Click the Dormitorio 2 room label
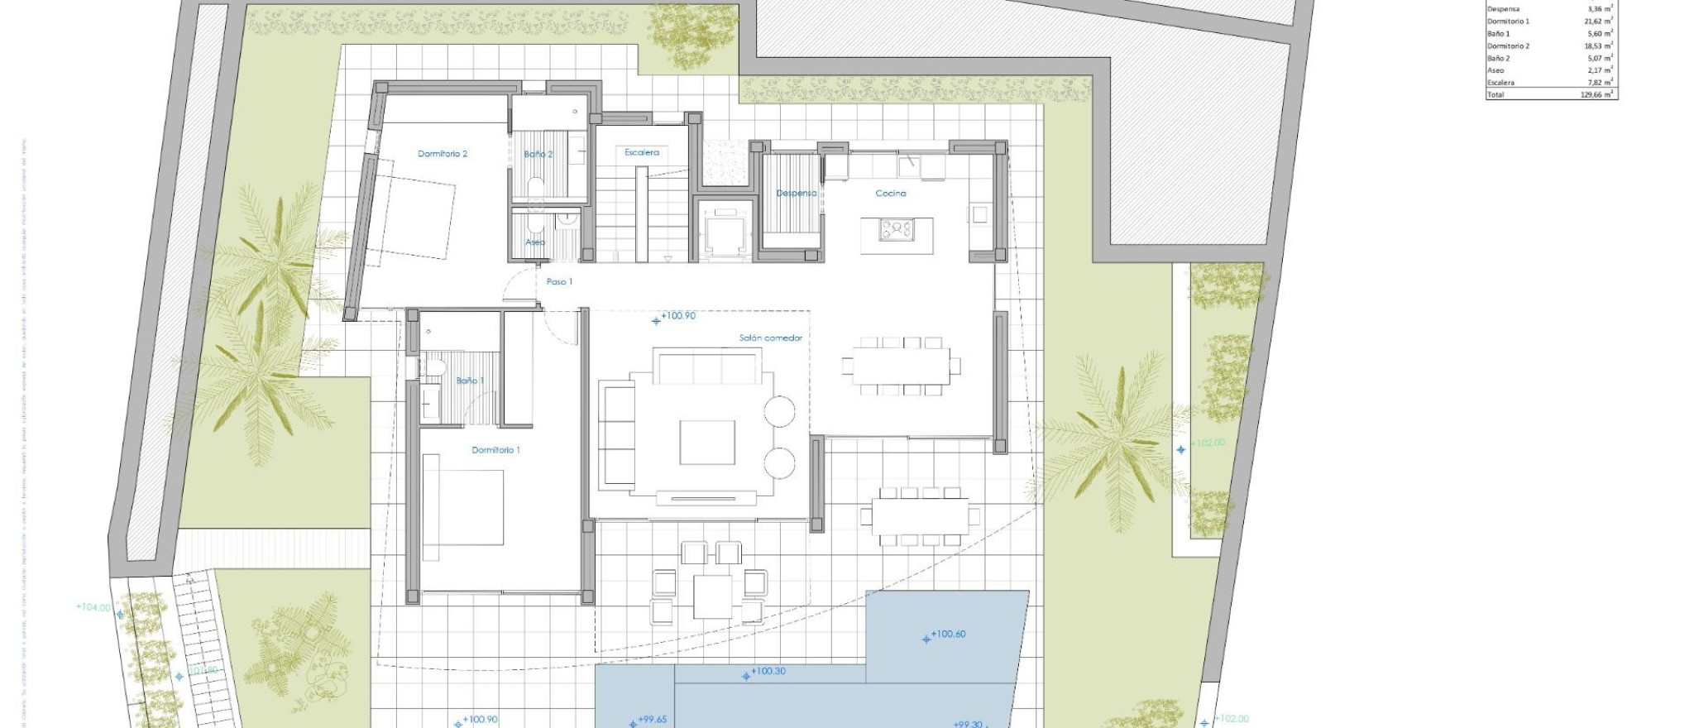pos(443,154)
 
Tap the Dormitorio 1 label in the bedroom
pos(495,450)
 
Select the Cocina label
pos(891,194)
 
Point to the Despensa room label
pos(796,194)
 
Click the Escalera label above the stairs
pos(642,152)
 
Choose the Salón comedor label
pos(770,338)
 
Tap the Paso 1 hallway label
pos(559,282)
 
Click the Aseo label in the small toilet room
pos(535,242)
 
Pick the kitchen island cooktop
pos(896,228)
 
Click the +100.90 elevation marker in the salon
pos(677,316)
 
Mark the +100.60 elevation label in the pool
pos(947,635)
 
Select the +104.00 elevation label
pos(93,607)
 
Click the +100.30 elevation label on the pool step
pos(768,671)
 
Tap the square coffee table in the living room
pos(707,443)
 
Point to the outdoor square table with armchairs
pos(712,596)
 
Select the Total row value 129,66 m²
pos(1596,95)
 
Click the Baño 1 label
pos(470,381)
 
